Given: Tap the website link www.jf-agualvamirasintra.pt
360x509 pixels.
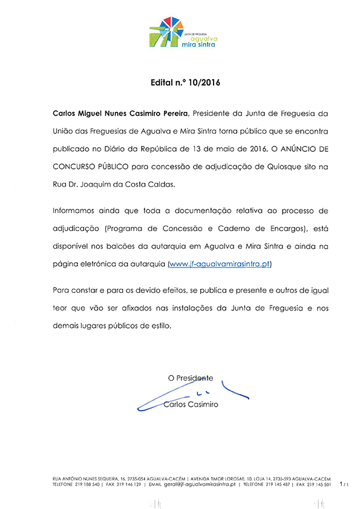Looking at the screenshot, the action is (220, 264).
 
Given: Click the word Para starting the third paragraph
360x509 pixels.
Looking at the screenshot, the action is (62, 292).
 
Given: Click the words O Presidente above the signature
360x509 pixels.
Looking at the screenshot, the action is (191, 378).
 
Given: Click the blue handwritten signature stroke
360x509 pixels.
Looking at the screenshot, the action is (236, 393).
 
